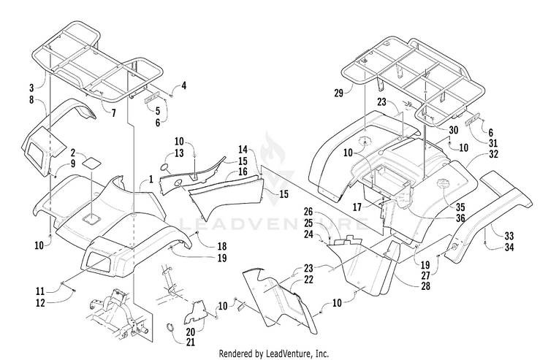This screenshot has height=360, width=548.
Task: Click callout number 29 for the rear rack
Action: click(x=338, y=93)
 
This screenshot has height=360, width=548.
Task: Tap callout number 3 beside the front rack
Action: click(x=31, y=88)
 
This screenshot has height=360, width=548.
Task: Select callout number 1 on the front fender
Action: click(x=151, y=179)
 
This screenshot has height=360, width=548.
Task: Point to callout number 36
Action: click(x=460, y=218)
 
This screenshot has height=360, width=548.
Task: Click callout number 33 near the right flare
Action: click(x=509, y=236)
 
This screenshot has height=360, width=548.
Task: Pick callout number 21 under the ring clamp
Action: click(x=190, y=342)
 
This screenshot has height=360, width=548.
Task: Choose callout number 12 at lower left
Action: click(x=41, y=303)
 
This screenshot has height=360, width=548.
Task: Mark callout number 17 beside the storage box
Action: click(x=357, y=207)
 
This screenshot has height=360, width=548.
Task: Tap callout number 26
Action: click(x=308, y=212)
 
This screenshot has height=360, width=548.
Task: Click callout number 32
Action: click(x=493, y=154)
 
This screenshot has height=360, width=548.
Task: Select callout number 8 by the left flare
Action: click(x=31, y=100)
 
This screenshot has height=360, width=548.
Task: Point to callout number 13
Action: click(x=179, y=153)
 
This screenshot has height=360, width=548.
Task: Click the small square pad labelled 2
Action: click(x=91, y=163)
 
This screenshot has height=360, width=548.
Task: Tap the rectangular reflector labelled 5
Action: click(x=152, y=97)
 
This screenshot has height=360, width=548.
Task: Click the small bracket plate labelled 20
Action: click(x=196, y=312)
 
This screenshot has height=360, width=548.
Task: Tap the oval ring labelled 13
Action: click(x=165, y=167)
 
